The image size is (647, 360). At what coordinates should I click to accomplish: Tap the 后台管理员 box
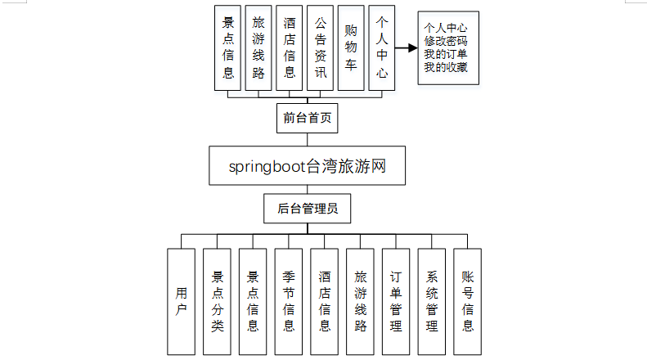[x=308, y=209]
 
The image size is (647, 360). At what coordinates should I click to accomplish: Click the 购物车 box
[x=351, y=49]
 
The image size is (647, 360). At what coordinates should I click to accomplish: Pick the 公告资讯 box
[x=321, y=49]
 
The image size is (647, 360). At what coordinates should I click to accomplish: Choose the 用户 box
[x=182, y=301]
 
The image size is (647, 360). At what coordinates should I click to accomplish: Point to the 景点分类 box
[x=218, y=301]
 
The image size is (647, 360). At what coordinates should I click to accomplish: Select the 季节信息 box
[x=289, y=301]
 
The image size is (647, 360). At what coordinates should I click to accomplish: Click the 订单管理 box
[x=396, y=301]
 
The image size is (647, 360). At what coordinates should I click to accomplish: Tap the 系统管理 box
[x=432, y=301]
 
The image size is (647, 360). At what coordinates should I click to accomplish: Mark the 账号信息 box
[x=467, y=301]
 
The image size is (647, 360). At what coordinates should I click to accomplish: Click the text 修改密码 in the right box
[x=447, y=41]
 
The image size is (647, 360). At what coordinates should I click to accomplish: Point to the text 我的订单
[x=447, y=54]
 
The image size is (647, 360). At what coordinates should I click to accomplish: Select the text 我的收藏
[x=447, y=67]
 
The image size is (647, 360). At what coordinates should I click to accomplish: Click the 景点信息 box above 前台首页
[x=228, y=49]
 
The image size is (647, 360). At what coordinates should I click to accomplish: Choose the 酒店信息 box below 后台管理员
[x=325, y=301]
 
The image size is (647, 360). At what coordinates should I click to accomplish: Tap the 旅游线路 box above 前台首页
[x=259, y=49]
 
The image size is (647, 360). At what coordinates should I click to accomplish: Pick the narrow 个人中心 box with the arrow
[x=381, y=49]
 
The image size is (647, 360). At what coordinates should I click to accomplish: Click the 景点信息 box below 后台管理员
[x=253, y=301]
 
